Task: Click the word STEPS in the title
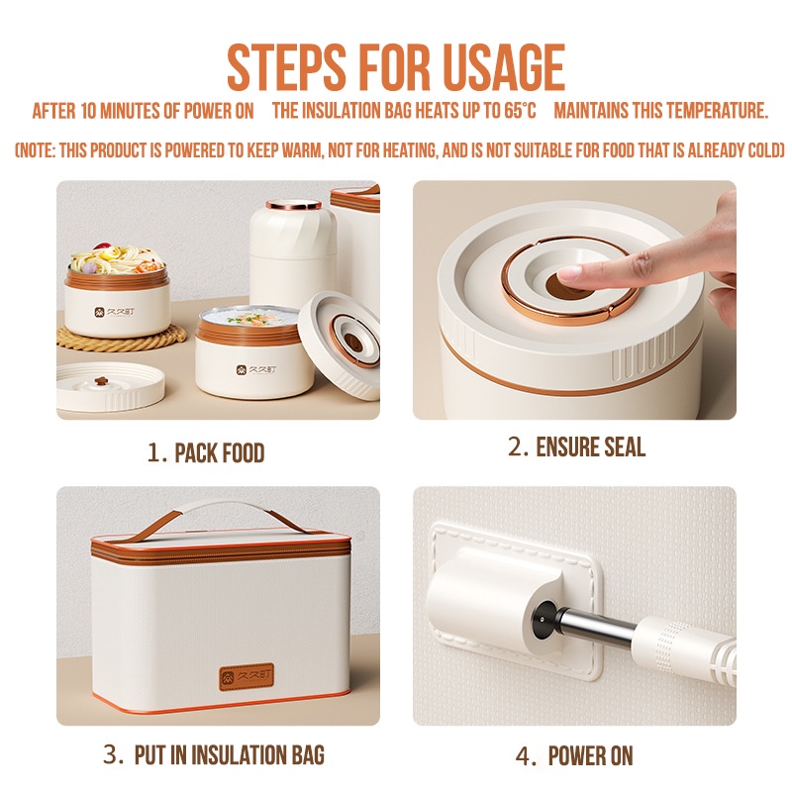tap(286, 67)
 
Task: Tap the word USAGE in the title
tap(504, 67)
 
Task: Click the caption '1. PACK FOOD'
tap(206, 453)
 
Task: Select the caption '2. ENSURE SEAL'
tap(576, 447)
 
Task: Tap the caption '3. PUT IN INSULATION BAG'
tap(214, 755)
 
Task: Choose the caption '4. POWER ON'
tap(574, 756)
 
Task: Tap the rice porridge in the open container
tap(250, 318)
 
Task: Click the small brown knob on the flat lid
tap(101, 381)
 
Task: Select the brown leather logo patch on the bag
tap(247, 677)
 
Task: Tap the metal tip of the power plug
tap(595, 626)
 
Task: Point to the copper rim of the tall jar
tap(293, 205)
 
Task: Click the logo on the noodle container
tap(114, 312)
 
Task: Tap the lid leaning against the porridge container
tap(340, 345)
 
